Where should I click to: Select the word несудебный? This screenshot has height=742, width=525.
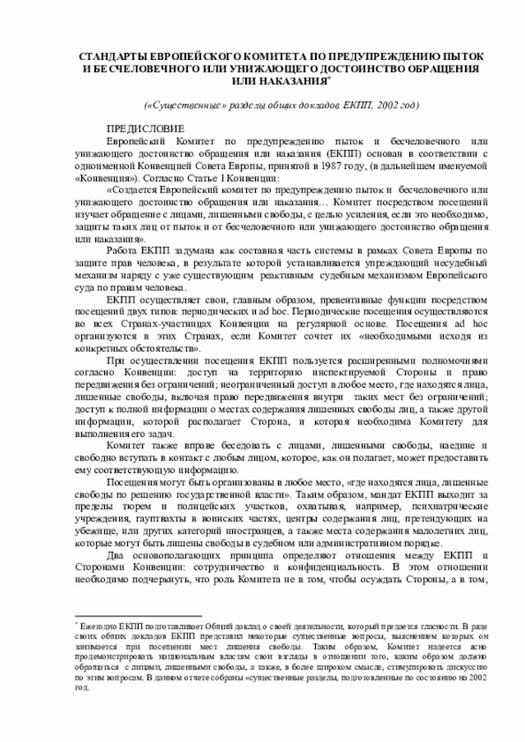459,262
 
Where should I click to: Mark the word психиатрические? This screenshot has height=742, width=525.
449,507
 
